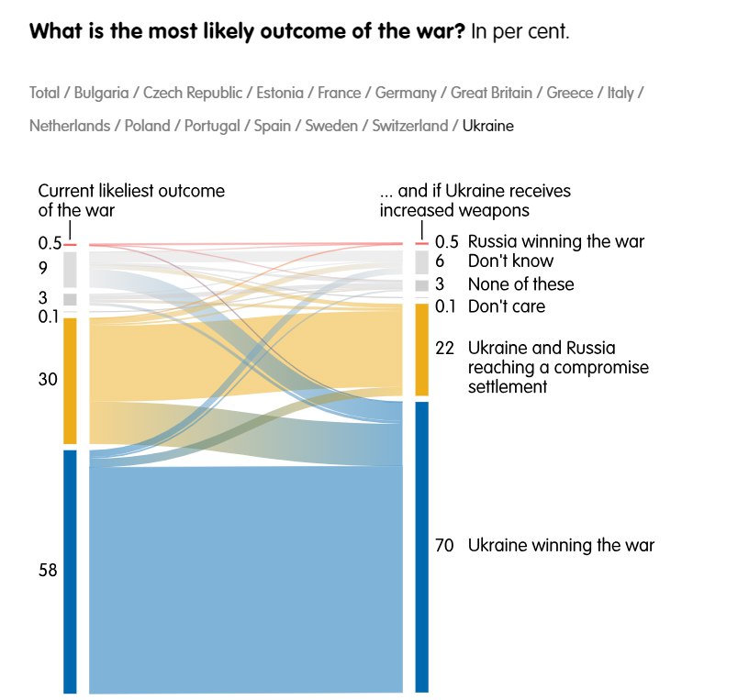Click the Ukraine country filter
tap(488, 126)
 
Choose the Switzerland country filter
tap(409, 126)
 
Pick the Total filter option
tap(44, 93)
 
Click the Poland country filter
tap(147, 126)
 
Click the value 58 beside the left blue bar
tap(48, 570)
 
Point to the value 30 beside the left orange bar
tap(48, 379)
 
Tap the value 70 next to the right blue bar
tap(444, 545)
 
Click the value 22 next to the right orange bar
tap(444, 349)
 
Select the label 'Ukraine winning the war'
tap(561, 545)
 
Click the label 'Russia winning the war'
tap(556, 242)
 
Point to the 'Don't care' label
tap(507, 306)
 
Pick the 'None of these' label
tap(520, 284)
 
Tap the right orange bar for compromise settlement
tap(421, 350)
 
